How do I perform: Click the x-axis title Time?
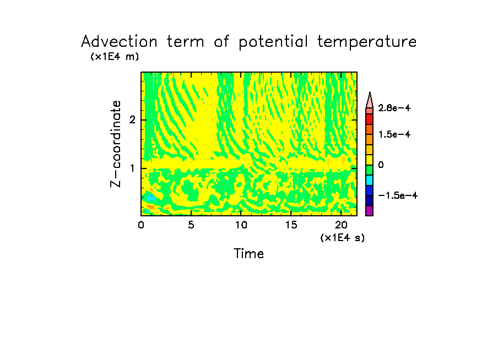point(249,254)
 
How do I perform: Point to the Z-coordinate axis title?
point(116,144)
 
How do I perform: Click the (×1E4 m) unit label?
point(115,56)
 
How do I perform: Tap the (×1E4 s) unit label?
point(342,237)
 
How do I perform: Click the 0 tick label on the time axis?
point(141,225)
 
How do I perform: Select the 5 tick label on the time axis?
point(191,225)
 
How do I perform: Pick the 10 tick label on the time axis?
point(241,225)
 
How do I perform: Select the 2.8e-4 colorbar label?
point(398,108)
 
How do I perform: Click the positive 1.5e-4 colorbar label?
point(398,134)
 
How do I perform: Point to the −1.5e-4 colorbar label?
point(398,195)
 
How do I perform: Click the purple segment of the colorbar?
point(369,211)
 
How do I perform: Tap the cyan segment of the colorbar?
point(369,180)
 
